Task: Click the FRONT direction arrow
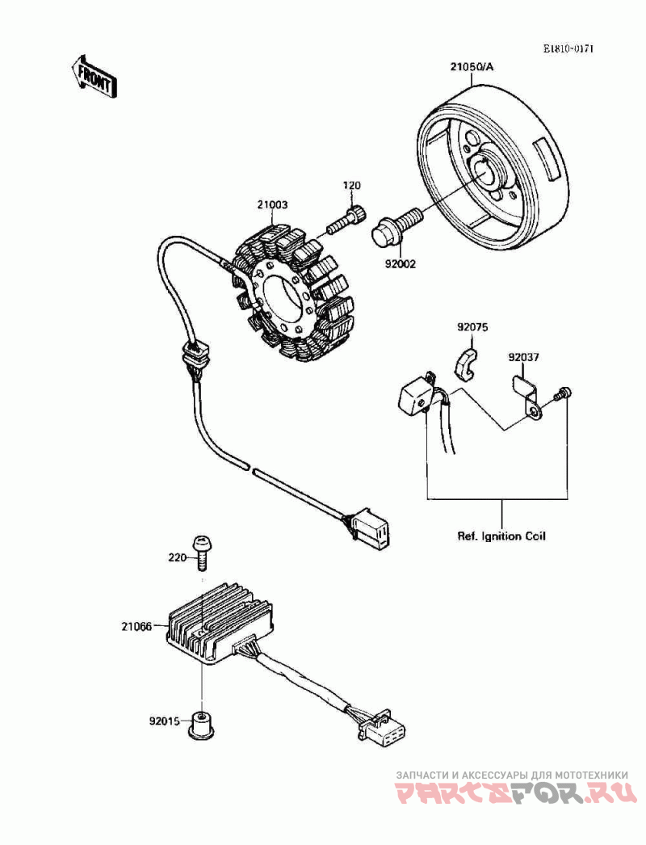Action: (x=94, y=76)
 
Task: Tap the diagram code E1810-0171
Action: (x=568, y=48)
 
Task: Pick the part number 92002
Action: (x=400, y=263)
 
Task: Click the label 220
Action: (x=177, y=557)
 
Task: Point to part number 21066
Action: (x=137, y=626)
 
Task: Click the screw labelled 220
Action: (x=202, y=553)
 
